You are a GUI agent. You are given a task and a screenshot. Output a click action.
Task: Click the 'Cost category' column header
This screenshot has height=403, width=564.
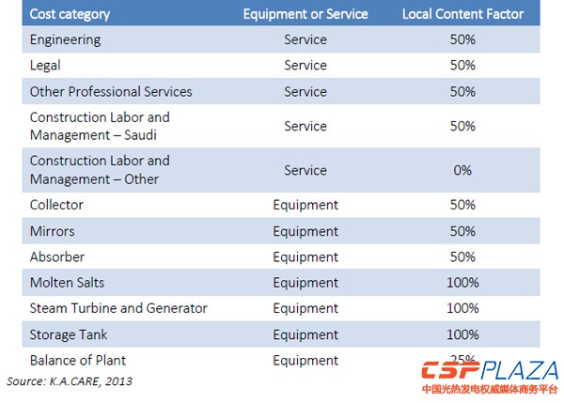[70, 14]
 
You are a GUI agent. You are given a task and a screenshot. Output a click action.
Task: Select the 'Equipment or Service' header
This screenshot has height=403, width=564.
[305, 14]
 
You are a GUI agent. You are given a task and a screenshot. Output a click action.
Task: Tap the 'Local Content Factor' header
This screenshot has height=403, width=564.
[462, 14]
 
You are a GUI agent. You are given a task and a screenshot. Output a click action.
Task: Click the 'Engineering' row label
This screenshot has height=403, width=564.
[65, 40]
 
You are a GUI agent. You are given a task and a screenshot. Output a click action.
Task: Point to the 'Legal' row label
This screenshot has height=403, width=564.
[47, 66]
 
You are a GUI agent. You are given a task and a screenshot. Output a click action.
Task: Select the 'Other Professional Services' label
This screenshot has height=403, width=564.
[111, 92]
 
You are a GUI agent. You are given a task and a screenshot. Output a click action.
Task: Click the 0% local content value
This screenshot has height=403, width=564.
[462, 170]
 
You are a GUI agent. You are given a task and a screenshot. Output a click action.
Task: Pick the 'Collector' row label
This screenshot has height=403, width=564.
[56, 205]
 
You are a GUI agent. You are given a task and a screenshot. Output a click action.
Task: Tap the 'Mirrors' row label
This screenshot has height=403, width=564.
[52, 231]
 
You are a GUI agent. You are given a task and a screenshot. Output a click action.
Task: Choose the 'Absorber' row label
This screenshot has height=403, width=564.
[57, 256]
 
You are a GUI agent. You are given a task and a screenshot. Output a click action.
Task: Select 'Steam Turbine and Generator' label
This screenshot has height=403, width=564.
[118, 308]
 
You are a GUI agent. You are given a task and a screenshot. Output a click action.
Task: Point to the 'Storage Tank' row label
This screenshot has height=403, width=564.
[69, 334]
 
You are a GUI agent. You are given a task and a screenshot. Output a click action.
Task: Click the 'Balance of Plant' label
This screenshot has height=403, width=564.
[77, 360]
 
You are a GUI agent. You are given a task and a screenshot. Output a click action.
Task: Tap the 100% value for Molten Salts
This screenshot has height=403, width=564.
[462, 283]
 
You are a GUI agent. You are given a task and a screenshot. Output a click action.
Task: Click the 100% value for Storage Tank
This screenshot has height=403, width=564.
[462, 334]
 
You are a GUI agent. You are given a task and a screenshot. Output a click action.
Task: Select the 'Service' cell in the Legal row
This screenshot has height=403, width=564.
[305, 66]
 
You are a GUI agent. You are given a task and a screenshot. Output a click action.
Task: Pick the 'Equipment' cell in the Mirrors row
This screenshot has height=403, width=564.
[305, 231]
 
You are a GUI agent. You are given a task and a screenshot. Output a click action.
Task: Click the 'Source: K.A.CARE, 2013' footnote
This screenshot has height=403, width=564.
[70, 381]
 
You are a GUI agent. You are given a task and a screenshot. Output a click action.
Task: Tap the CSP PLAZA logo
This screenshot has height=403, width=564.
[489, 375]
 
